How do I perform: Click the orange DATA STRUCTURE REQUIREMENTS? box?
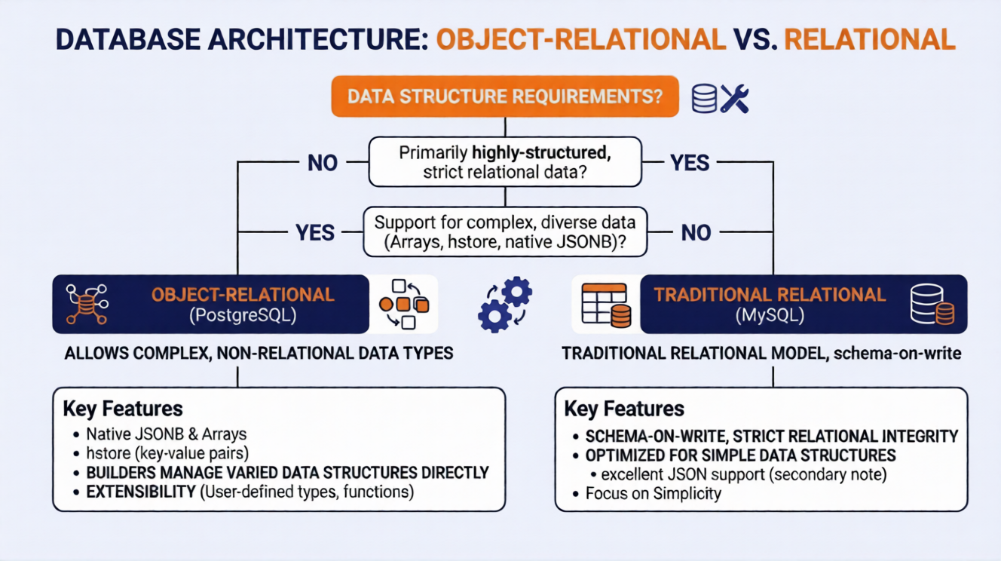[x=504, y=98]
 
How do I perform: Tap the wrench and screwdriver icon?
[x=734, y=98]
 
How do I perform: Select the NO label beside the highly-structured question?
[x=323, y=162]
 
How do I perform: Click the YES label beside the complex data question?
[x=316, y=232]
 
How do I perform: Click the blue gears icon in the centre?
[x=504, y=304]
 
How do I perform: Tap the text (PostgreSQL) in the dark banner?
[x=242, y=315]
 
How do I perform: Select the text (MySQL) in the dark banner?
[x=769, y=315]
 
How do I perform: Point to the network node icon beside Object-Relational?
[x=86, y=305]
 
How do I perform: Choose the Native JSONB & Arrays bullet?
[x=166, y=434]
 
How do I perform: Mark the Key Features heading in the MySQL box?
[x=624, y=409]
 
